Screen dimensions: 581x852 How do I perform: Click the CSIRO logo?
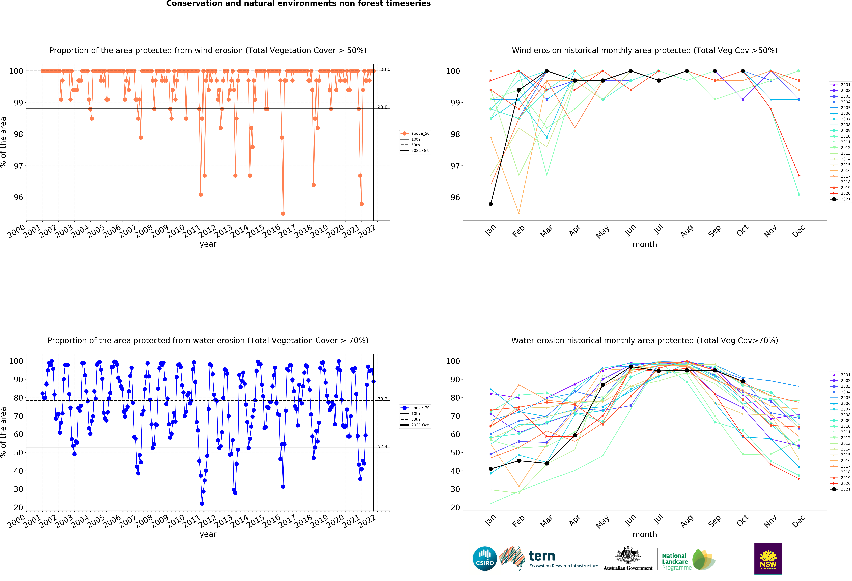tap(485, 559)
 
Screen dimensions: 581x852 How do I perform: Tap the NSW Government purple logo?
tap(768, 558)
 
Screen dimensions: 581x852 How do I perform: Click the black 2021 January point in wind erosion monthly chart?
tap(491, 204)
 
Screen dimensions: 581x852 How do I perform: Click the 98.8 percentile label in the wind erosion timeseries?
tap(382, 107)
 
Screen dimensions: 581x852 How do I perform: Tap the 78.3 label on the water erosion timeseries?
tap(382, 399)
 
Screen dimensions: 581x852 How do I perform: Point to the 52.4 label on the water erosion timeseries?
tap(382, 446)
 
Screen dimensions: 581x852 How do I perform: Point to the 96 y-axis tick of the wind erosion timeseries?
tap(18, 197)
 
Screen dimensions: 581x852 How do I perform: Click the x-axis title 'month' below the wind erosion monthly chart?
tap(644, 244)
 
